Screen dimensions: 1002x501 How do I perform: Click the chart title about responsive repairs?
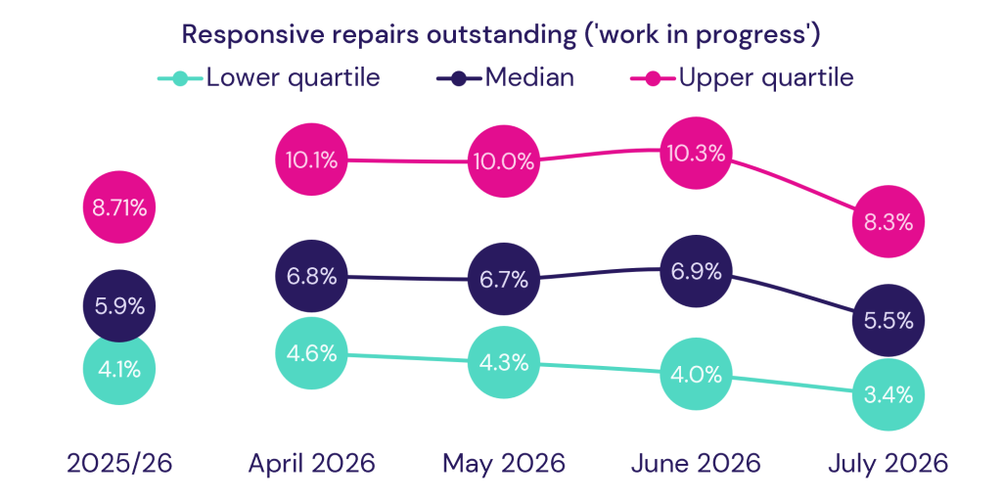click(x=501, y=34)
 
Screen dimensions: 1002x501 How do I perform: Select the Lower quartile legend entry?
click(x=269, y=78)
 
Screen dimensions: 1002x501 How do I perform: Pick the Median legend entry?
click(x=505, y=78)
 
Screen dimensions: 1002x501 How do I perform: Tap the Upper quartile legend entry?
click(x=742, y=78)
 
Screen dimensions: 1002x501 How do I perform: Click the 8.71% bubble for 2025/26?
click(x=119, y=207)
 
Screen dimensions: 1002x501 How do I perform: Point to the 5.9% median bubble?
click(x=119, y=306)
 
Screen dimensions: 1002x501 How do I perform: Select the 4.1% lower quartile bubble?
click(x=119, y=369)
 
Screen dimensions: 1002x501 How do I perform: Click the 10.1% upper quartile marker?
click(x=312, y=159)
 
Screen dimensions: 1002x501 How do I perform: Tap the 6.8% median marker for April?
click(x=312, y=276)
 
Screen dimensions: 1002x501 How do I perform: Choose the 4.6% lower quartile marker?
click(x=312, y=353)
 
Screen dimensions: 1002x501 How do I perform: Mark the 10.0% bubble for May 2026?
click(x=504, y=161)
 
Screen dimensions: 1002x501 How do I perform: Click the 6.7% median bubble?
click(x=504, y=279)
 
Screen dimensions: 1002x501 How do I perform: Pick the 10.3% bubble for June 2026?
click(x=696, y=153)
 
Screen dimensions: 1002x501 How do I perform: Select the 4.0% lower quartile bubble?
click(x=696, y=375)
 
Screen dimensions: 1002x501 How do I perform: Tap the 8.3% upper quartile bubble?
click(x=888, y=222)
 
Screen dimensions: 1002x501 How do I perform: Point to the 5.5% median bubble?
click(x=888, y=321)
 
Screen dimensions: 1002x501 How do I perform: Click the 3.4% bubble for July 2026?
click(x=888, y=395)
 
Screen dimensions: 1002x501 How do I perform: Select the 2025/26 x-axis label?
click(x=119, y=464)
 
